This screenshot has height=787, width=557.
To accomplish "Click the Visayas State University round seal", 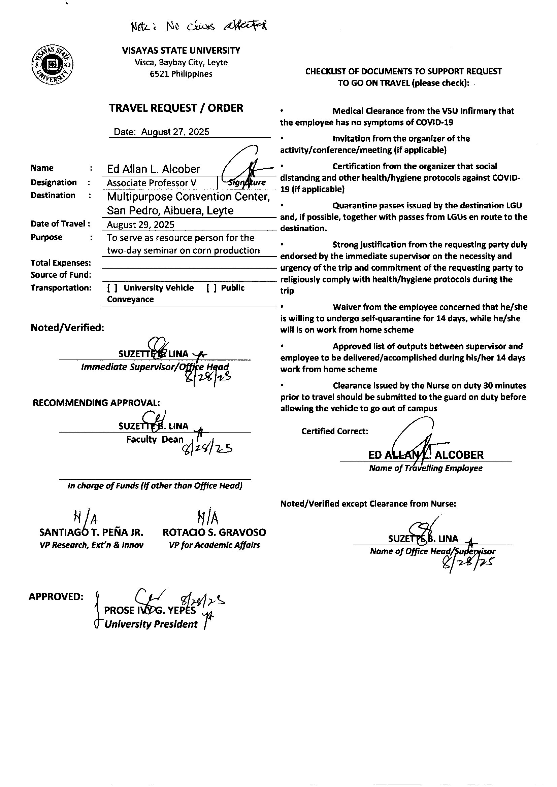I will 52,64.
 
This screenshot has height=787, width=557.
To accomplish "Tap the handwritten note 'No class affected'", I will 199,26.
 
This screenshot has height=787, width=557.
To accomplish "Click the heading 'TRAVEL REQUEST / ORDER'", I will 176,108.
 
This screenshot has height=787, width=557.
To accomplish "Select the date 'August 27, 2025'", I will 175,132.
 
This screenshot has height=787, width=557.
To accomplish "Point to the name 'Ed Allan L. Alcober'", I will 153,169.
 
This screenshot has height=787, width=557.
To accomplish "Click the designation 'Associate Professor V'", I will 151,183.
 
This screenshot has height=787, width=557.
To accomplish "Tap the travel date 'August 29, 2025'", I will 141,225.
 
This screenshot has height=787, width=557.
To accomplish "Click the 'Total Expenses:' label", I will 61,263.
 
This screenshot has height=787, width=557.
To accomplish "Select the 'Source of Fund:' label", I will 61,275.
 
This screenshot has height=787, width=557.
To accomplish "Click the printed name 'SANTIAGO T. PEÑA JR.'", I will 91,532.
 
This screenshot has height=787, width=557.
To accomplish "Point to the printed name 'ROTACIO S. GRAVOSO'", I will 215,532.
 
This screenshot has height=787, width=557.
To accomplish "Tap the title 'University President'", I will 151,624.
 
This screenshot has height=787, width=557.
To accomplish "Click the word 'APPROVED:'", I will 56,597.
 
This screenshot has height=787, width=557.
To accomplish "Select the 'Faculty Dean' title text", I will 155,439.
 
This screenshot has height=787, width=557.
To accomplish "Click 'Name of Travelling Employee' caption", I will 426,468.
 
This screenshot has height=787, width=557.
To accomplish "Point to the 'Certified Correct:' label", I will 335,431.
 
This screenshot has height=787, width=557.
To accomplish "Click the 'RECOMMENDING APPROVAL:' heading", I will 96,403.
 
